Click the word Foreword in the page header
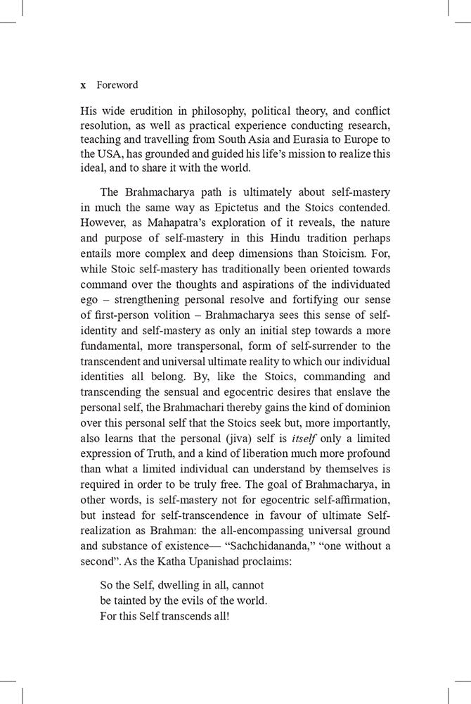point(117,85)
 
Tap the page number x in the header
point(83,85)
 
